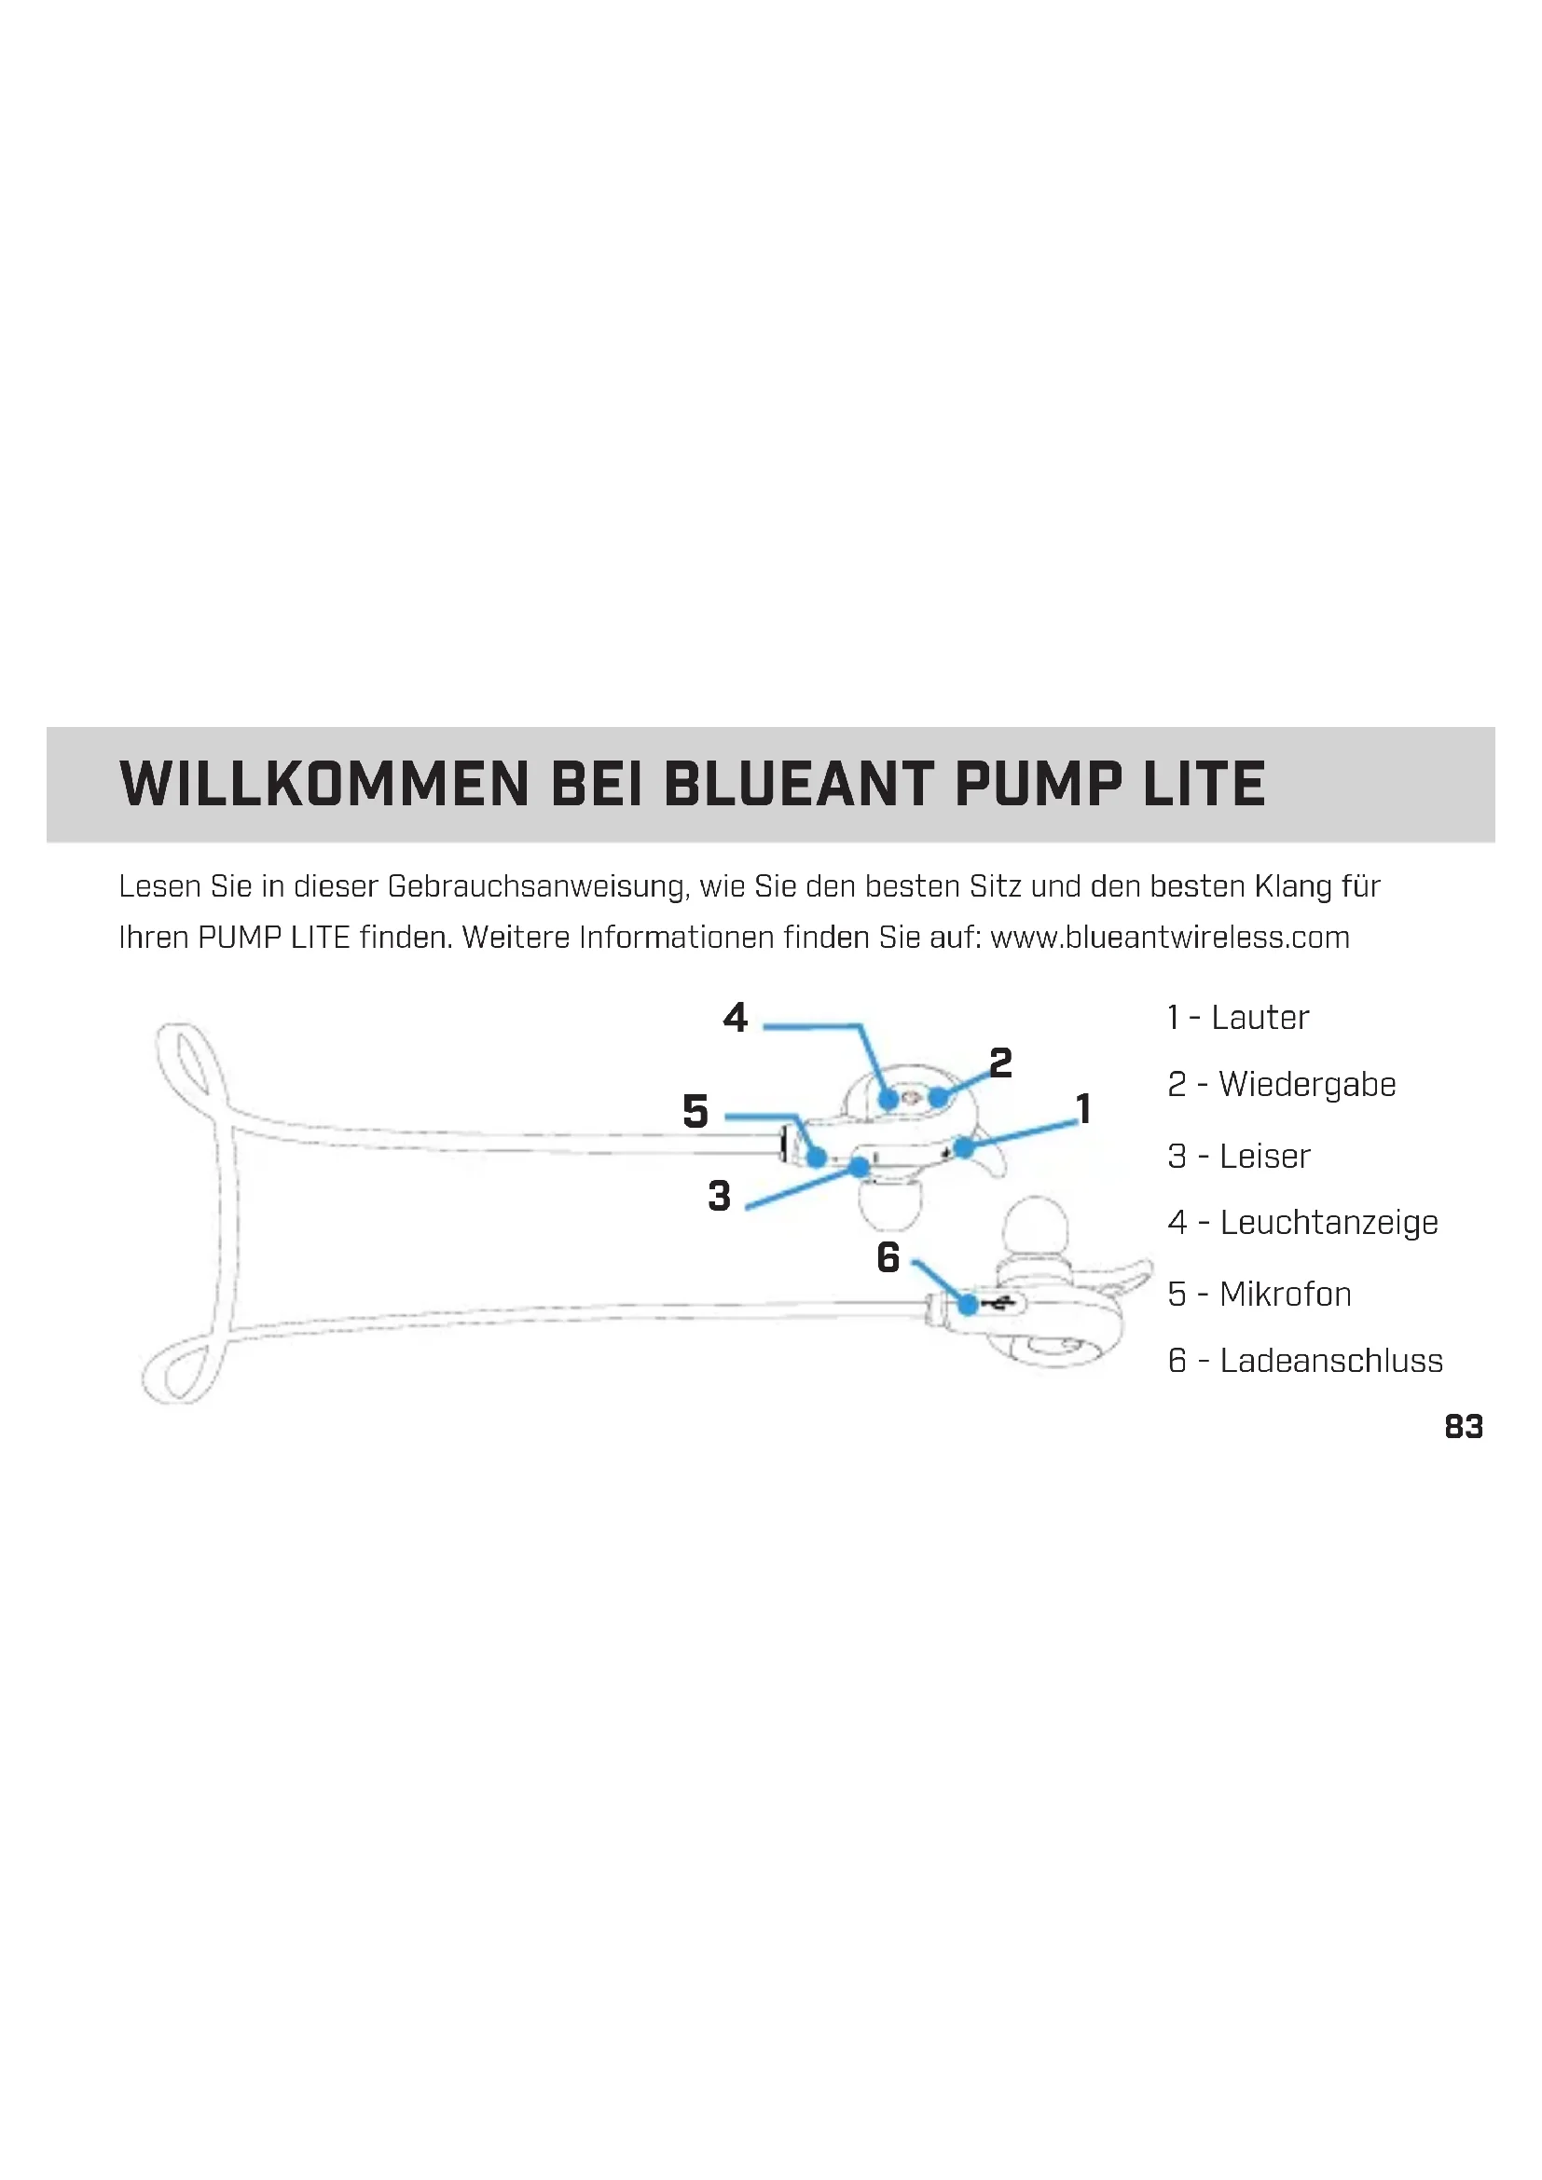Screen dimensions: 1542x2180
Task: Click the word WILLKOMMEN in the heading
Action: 324,784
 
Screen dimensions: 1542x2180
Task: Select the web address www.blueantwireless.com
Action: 1169,939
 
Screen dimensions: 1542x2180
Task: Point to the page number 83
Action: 1463,1427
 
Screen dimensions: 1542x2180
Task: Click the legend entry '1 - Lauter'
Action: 1238,1018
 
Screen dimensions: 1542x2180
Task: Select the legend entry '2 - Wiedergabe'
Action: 1282,1084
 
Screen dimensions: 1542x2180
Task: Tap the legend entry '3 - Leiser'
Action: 1239,1157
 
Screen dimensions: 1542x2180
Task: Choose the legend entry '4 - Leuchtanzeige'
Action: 1302,1223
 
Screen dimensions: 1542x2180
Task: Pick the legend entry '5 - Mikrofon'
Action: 1259,1295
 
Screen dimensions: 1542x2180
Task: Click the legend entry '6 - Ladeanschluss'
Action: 1304,1361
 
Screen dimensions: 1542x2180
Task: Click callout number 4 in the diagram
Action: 735,1018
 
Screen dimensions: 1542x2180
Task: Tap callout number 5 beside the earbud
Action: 695,1112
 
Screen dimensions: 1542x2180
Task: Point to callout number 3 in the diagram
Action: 719,1197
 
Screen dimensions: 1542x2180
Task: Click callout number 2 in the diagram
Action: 1000,1063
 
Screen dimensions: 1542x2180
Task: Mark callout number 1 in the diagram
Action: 1083,1108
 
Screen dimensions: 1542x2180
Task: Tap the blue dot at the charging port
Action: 968,1305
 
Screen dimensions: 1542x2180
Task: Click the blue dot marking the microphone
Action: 817,1158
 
